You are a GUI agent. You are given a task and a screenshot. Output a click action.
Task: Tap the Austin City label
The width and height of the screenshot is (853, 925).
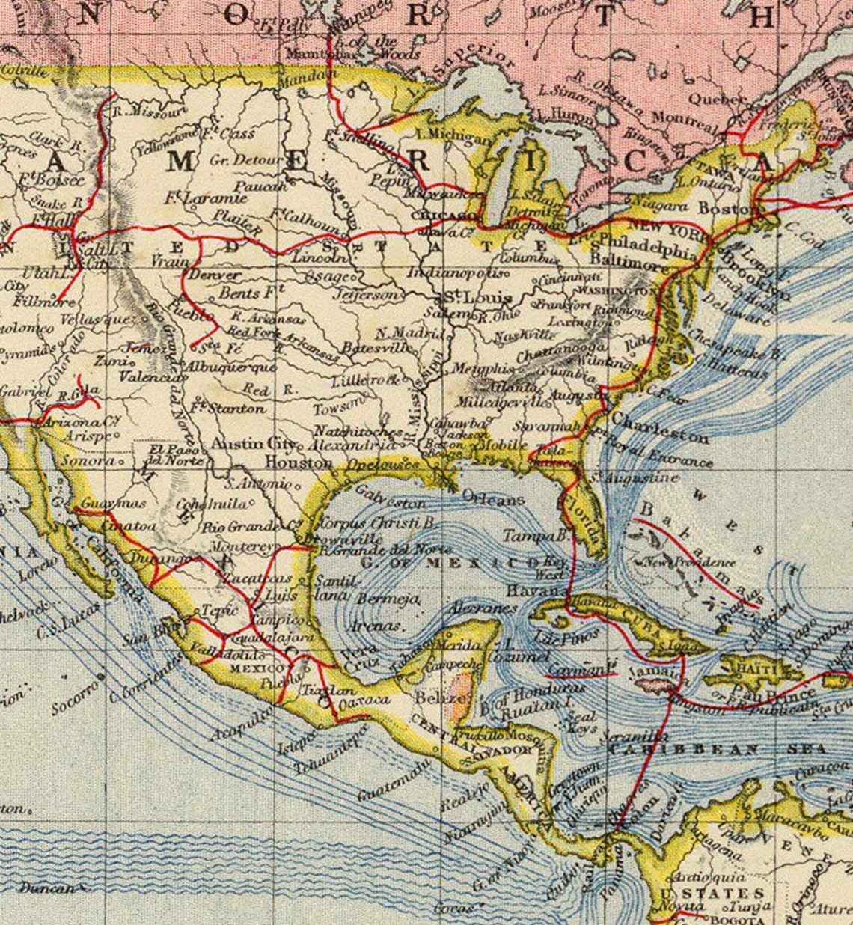click(248, 444)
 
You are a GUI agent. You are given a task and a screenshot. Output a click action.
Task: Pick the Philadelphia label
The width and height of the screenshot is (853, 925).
click(649, 245)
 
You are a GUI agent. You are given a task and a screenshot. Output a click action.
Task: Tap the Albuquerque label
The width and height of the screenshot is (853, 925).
click(230, 367)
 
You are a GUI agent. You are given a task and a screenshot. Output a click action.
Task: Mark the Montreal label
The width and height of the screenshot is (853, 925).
click(684, 119)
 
